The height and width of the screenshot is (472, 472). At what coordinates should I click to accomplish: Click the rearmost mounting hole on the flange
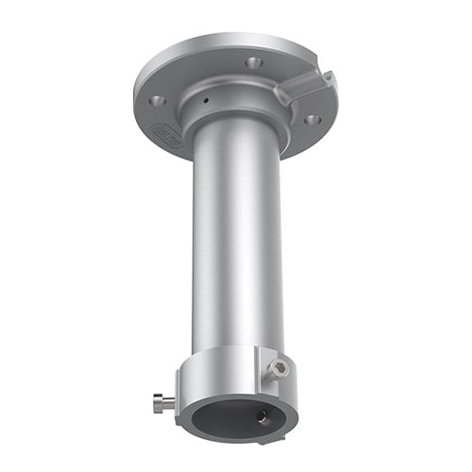(252, 62)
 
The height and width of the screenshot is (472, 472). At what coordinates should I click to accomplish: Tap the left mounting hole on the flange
(158, 100)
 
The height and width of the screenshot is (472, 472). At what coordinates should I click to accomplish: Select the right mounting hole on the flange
(312, 120)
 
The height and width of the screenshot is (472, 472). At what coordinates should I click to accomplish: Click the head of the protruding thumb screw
(157, 403)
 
